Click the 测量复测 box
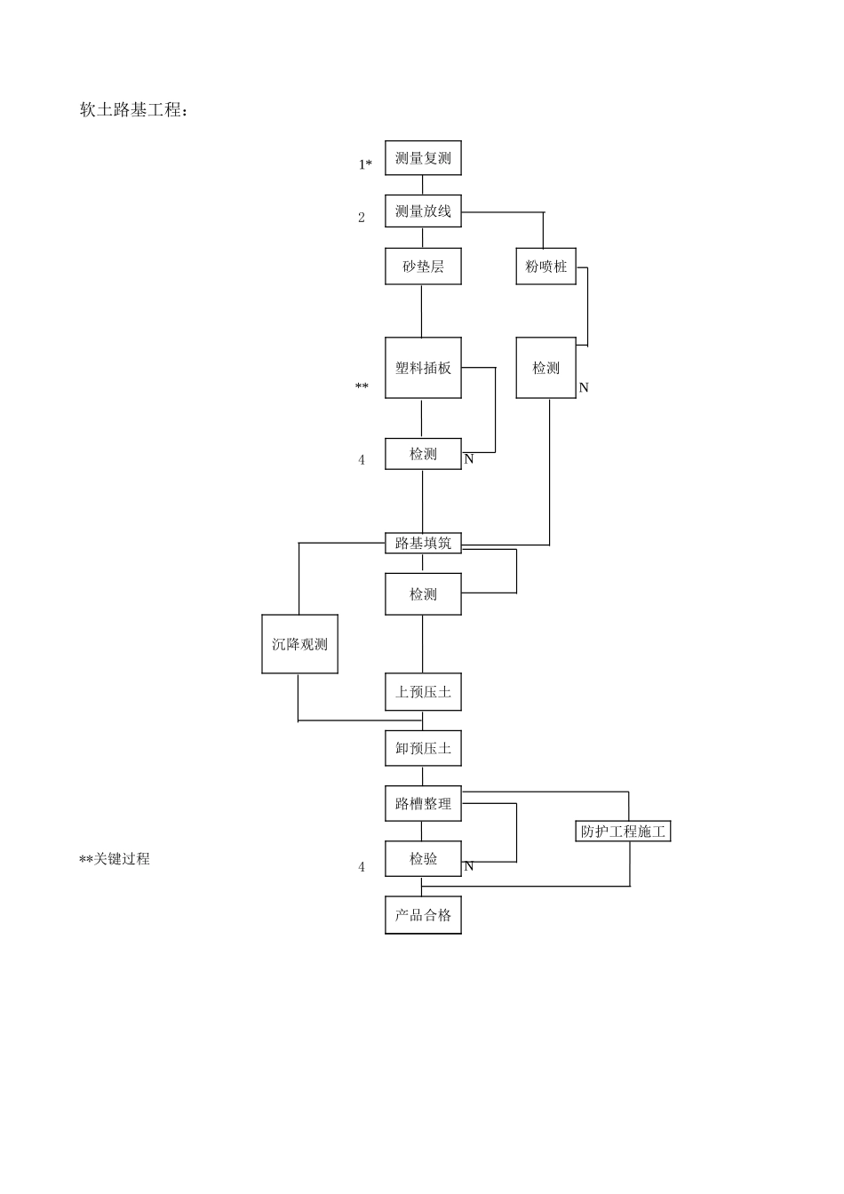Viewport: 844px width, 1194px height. point(423,158)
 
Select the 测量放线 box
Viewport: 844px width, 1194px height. point(423,211)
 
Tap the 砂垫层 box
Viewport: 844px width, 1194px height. point(423,267)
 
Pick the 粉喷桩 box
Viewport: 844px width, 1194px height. point(545,267)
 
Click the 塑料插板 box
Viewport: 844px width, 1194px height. point(423,368)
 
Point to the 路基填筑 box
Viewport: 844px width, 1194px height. point(423,543)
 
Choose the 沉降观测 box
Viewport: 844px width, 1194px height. point(299,644)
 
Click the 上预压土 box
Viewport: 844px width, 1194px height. point(423,692)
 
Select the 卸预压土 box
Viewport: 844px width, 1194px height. point(423,748)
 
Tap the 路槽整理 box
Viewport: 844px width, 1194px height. point(423,804)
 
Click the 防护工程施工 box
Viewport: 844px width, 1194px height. point(623,832)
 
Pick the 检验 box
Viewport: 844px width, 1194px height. point(423,859)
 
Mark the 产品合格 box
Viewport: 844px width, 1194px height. point(423,915)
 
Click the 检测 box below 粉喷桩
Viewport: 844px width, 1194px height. point(545,368)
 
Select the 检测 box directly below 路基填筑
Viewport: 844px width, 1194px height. point(423,594)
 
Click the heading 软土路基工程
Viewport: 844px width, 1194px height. point(134,110)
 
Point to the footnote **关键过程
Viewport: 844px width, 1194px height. point(115,859)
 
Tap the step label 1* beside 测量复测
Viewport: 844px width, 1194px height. point(365,164)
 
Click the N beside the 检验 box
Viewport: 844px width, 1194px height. point(469,866)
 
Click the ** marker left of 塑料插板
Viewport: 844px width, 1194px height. point(362,387)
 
